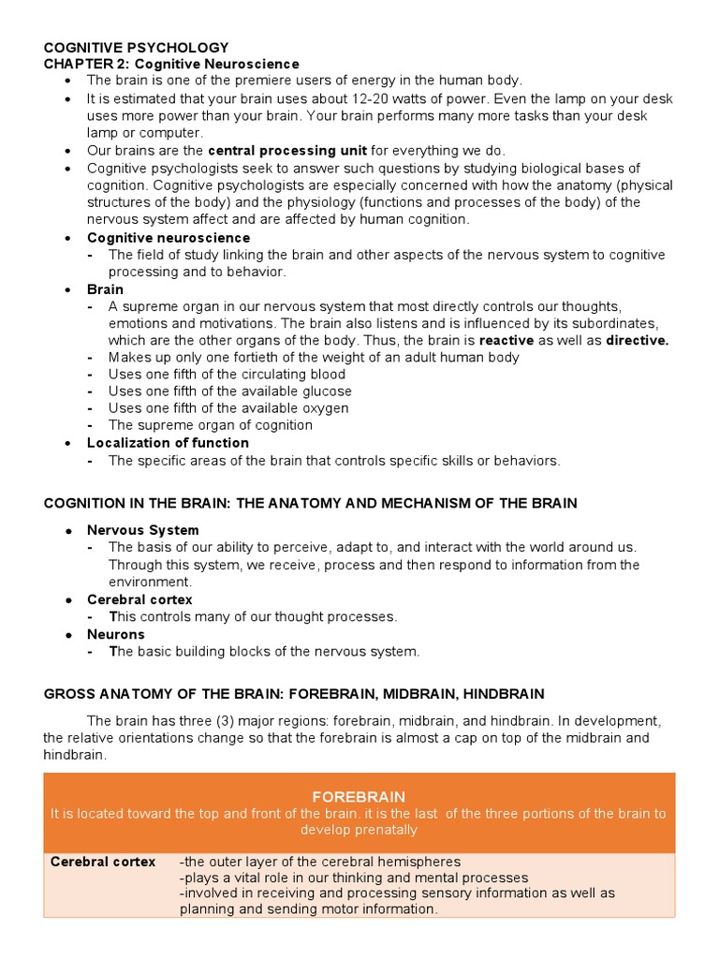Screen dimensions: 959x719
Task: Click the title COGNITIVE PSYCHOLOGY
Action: [136, 47]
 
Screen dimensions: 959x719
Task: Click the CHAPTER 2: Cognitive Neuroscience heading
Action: [171, 64]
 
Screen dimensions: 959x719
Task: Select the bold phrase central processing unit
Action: [286, 150]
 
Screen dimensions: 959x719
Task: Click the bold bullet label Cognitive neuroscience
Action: [169, 238]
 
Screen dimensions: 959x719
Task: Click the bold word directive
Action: [637, 340]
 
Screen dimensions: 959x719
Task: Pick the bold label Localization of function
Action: [168, 442]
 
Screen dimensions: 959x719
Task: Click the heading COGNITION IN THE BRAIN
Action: [310, 503]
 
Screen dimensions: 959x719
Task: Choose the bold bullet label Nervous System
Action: [142, 529]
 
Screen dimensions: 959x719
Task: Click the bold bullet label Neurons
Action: [116, 634]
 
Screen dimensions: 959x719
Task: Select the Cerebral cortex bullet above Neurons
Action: [139, 599]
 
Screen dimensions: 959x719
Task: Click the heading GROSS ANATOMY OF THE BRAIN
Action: [294, 694]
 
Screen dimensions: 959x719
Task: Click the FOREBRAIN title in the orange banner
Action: [359, 796]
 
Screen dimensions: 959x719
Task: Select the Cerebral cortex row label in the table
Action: [103, 862]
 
